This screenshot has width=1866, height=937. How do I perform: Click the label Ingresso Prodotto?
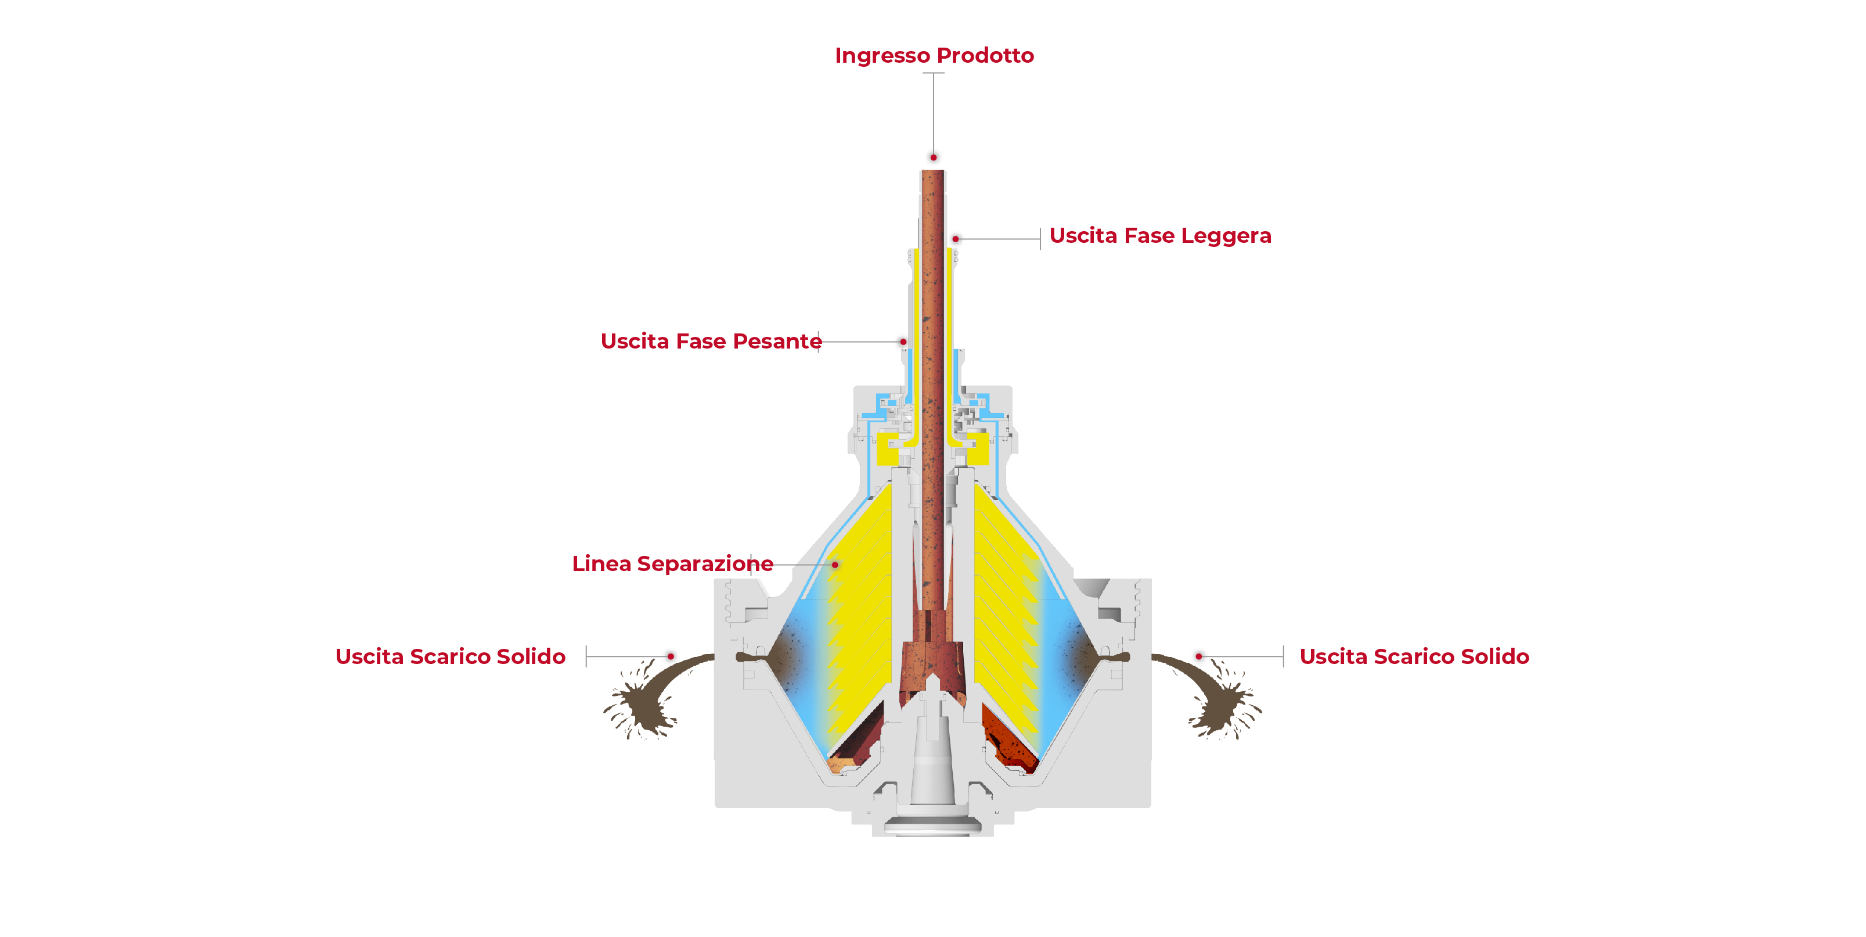tap(934, 56)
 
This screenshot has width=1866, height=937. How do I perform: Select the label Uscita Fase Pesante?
tap(711, 342)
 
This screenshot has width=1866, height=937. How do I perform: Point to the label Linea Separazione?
tap(672, 564)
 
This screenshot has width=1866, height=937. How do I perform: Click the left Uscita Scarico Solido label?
tap(450, 656)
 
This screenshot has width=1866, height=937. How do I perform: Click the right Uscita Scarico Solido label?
tap(1414, 656)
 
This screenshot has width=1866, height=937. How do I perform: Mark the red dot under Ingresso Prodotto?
tap(933, 157)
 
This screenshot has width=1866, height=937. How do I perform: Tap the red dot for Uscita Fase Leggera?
tap(956, 238)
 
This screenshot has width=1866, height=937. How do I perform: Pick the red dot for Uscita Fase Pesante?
tap(903, 342)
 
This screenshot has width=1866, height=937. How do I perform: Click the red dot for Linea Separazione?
tap(835, 565)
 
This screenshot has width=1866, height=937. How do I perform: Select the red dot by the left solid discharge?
tap(671, 656)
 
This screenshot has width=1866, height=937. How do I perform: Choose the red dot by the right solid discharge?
tap(1199, 656)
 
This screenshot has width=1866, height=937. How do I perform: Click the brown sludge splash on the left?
tap(647, 699)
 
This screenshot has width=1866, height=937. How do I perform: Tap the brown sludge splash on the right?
tap(1219, 699)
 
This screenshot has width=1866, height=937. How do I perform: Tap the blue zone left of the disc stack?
tap(804, 667)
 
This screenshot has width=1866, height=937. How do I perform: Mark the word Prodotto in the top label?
tap(985, 56)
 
